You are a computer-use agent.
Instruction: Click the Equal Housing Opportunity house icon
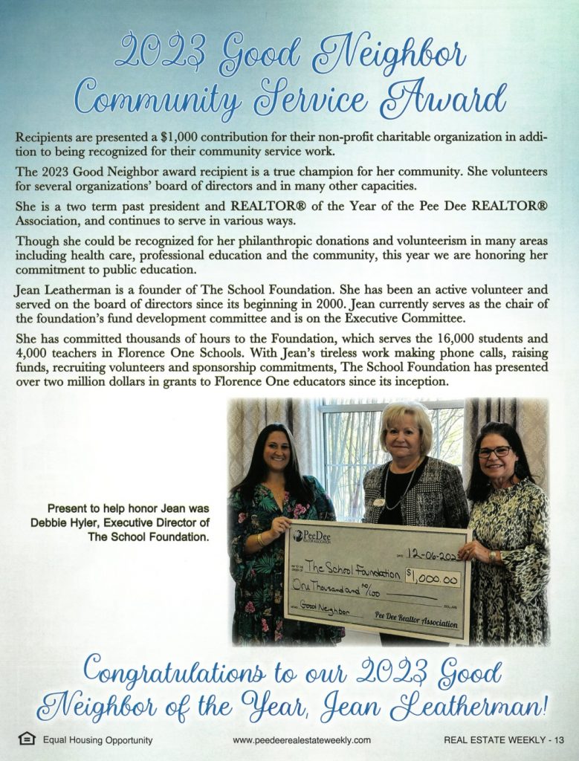[x=27, y=739]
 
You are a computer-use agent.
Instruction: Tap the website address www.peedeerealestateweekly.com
[x=301, y=740]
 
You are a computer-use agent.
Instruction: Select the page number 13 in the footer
[x=560, y=740]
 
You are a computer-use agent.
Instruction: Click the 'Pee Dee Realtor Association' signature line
[x=416, y=616]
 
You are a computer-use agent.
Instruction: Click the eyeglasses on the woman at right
[x=494, y=452]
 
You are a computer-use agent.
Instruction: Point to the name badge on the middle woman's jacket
[x=379, y=503]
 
